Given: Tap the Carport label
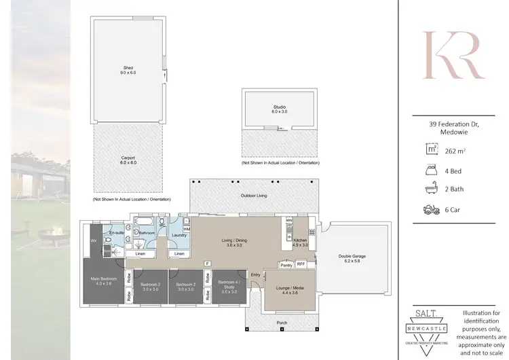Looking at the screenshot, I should pos(129,160).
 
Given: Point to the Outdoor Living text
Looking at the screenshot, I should pos(254,196).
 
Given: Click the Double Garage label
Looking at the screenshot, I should pos(352,258).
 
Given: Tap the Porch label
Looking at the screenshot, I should pos(282,321).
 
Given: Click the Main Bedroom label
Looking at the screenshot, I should pos(104,281).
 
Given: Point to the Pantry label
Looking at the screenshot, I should pos(285,265).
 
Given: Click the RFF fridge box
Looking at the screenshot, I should pos(302,265).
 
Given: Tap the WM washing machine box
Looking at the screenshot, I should pos(186,230).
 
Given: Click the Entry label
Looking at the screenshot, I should pos(256,274).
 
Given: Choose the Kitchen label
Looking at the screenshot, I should pos(301,242).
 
